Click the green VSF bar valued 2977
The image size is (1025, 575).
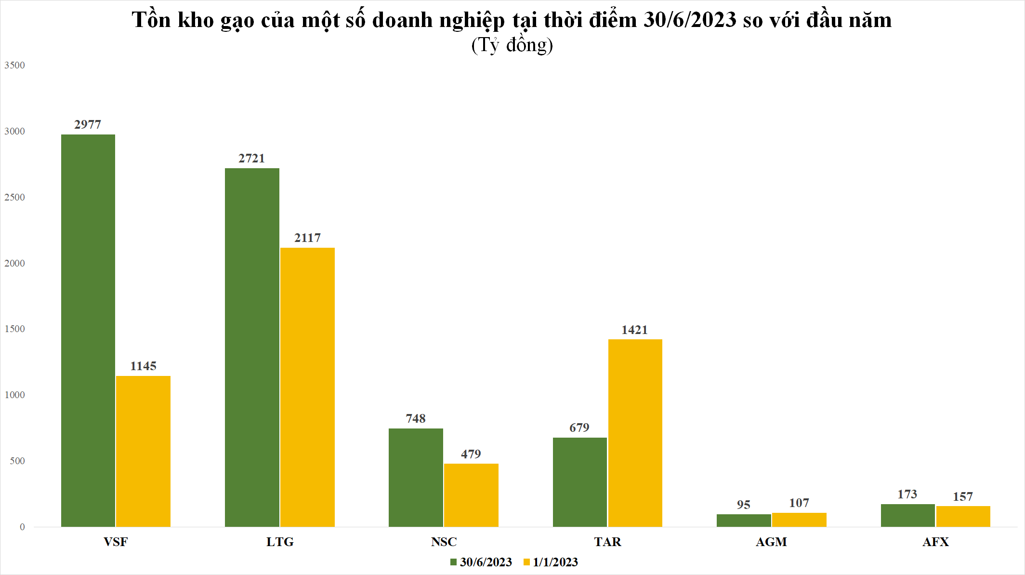click(88, 330)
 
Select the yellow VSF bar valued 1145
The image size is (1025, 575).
click(143, 451)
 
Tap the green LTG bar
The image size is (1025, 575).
click(252, 347)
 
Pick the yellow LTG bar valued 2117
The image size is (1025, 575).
click(307, 387)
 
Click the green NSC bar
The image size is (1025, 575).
click(416, 477)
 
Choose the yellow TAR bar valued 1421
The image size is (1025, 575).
click(635, 433)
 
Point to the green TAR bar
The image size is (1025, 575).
click(579, 482)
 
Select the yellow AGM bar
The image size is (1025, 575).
click(799, 520)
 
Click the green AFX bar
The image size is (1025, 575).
click(907, 515)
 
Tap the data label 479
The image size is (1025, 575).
click(471, 454)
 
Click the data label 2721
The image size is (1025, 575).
click(251, 158)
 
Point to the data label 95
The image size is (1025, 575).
click(743, 505)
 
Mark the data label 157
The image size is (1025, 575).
click(962, 496)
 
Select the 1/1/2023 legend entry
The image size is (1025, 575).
click(551, 562)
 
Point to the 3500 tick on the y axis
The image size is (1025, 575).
click(14, 65)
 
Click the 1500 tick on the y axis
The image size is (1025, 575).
click(14, 329)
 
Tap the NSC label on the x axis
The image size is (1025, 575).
click(444, 542)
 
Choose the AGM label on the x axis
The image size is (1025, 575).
click(771, 542)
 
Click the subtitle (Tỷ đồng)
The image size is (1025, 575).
click(512, 45)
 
